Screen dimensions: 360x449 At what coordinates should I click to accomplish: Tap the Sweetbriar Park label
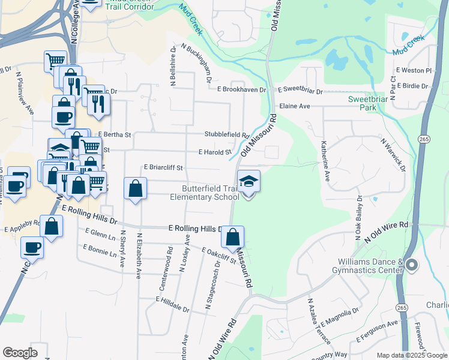pyautogui.click(x=364, y=103)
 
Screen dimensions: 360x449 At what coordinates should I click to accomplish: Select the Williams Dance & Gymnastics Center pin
pyautogui.click(x=411, y=265)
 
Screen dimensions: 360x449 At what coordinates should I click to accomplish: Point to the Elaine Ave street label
pyautogui.click(x=294, y=106)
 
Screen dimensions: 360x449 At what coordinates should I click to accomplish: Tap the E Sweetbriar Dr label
pyautogui.click(x=300, y=91)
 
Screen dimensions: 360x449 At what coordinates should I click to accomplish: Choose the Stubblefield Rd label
pyautogui.click(x=226, y=135)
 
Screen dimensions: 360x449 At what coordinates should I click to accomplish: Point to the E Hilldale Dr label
pyautogui.click(x=172, y=304)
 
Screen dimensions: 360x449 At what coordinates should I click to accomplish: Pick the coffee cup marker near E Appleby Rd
pyautogui.click(x=32, y=247)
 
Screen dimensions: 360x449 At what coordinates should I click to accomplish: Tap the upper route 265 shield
pyautogui.click(x=424, y=139)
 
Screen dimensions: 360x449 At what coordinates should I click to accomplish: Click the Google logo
pyautogui.click(x=20, y=353)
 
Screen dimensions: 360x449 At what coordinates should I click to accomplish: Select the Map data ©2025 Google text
pyautogui.click(x=411, y=355)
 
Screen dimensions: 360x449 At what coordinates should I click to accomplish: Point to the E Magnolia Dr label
pyautogui.click(x=339, y=316)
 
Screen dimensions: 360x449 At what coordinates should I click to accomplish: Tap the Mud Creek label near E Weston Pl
pyautogui.click(x=408, y=46)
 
